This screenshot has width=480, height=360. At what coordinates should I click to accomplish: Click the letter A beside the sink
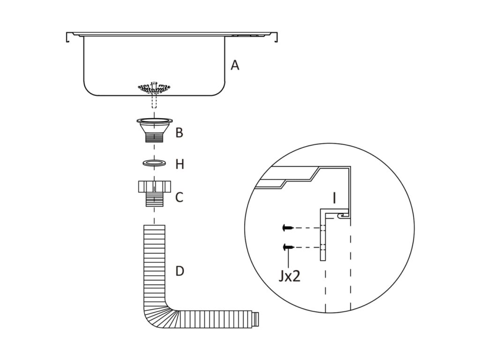point(235,65)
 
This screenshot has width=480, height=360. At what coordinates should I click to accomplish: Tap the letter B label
point(179,133)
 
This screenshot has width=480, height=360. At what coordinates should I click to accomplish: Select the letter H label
point(180,164)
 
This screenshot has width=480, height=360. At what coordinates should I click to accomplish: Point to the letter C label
point(179,197)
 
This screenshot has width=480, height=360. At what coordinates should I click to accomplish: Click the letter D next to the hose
point(180,271)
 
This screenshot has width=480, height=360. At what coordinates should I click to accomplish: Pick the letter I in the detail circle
point(334,198)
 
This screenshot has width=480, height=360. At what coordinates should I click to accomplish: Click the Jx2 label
point(289,277)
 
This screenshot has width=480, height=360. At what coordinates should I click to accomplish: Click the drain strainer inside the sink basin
point(154,87)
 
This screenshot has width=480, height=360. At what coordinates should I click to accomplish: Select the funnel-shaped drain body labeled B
point(154,128)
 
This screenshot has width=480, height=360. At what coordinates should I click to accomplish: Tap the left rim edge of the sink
point(68,37)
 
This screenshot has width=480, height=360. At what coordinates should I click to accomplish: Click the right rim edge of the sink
point(277,37)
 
